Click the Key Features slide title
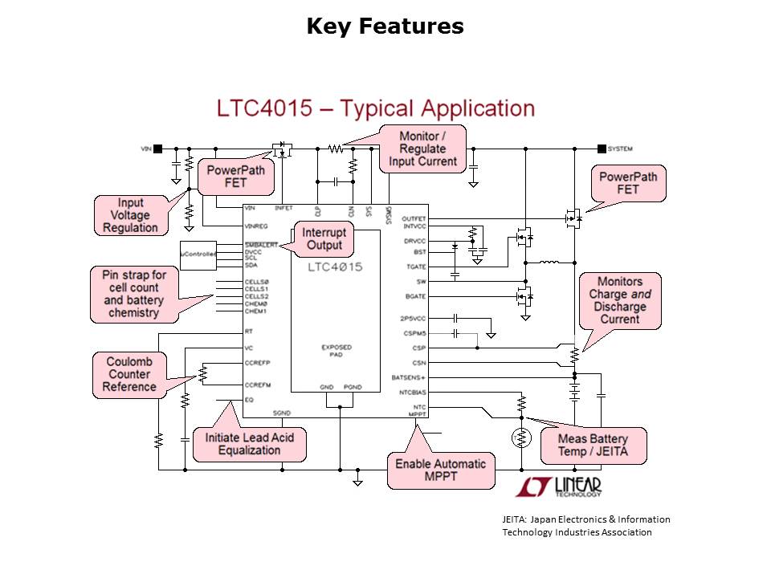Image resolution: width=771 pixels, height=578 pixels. (385, 26)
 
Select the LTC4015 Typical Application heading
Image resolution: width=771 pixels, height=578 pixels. (375, 108)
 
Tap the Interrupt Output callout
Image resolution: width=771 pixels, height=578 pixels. (324, 238)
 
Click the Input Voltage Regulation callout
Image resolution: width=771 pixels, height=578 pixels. (131, 215)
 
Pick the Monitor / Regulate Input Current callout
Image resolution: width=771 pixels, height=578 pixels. (422, 149)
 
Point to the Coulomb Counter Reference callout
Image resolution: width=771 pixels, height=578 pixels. (129, 375)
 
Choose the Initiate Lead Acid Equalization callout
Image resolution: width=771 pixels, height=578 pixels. (249, 444)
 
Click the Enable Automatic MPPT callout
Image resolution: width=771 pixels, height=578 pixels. (440, 470)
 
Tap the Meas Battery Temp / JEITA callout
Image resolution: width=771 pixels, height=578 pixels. (592, 446)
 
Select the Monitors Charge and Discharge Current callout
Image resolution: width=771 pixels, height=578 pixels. (619, 300)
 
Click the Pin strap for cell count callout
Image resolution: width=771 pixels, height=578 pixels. (133, 294)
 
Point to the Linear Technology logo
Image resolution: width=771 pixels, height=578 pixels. (559, 486)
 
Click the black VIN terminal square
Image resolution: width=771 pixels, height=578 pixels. (158, 149)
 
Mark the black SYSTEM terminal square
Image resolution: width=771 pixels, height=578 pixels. (601, 149)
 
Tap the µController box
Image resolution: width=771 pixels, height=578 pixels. (198, 254)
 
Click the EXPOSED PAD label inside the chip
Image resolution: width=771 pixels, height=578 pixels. (336, 352)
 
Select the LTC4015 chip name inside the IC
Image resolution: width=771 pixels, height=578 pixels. (336, 267)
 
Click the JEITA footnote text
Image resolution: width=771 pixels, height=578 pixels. (581, 526)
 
